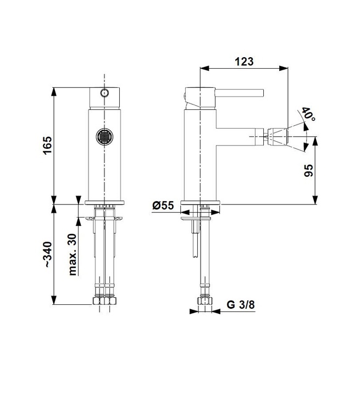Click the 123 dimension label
click(x=244, y=62)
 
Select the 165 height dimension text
click(x=47, y=146)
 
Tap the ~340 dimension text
click(x=48, y=254)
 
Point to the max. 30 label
click(x=72, y=254)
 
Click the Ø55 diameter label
click(x=163, y=205)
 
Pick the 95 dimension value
click(x=309, y=170)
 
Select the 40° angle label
click(x=308, y=114)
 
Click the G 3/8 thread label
click(x=241, y=305)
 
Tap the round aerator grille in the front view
click(x=104, y=137)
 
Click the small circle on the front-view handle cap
click(x=104, y=93)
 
